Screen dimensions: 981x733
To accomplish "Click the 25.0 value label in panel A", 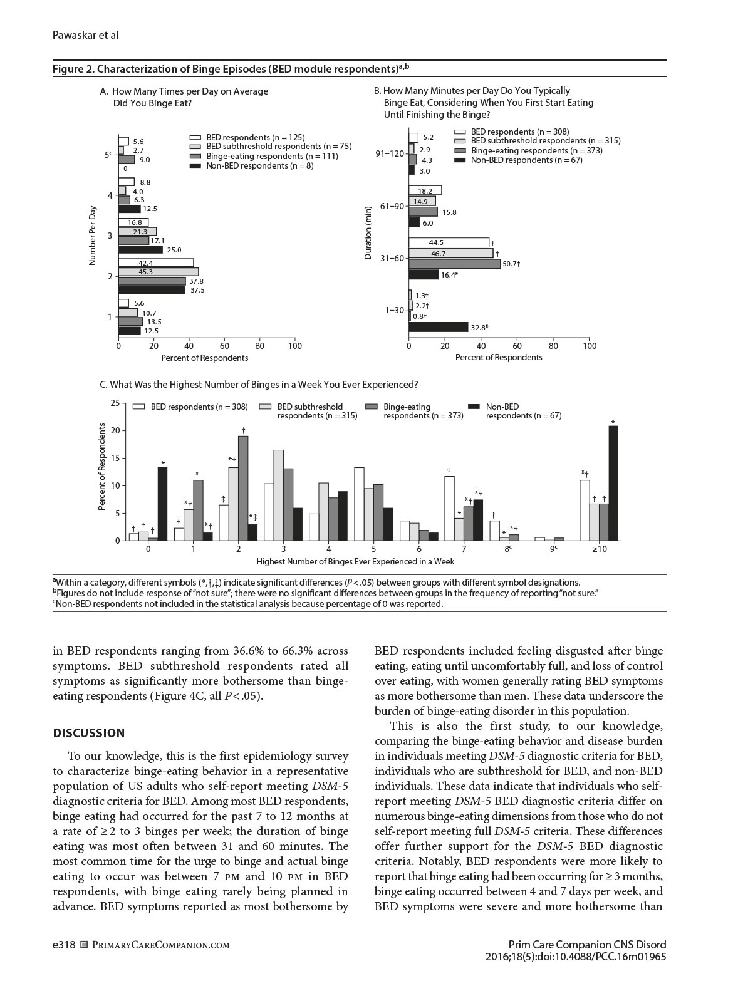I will pyautogui.click(x=174, y=250).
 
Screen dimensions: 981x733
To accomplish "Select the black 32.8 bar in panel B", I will pyautogui.click(x=439, y=326).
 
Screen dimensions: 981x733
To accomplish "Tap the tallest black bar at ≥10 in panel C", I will pyautogui.click(x=613, y=483).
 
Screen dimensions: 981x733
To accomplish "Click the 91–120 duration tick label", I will pyautogui.click(x=390, y=153).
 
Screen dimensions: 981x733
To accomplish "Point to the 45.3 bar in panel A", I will pyautogui.click(x=159, y=272).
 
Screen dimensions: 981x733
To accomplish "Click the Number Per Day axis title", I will pyautogui.click(x=93, y=235).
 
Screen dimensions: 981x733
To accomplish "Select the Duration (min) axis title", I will pyautogui.click(x=368, y=232).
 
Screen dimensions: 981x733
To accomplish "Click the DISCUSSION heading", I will pyautogui.click(x=89, y=733).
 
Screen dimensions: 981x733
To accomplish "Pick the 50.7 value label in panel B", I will pyautogui.click(x=511, y=264).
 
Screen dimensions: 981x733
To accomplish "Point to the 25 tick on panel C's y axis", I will pyautogui.click(x=115, y=403).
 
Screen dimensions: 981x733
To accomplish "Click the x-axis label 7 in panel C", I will pyautogui.click(x=464, y=549).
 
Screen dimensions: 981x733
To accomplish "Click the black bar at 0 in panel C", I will pyautogui.click(x=162, y=504).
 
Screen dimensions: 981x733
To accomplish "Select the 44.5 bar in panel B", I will pyautogui.click(x=449, y=242).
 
